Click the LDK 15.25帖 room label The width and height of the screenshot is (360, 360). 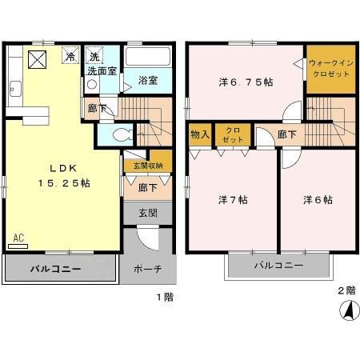(x=59, y=176)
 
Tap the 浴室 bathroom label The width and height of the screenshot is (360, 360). (x=146, y=81)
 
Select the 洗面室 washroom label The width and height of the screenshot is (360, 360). (x=102, y=70)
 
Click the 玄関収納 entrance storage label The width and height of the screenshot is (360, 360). (x=148, y=166)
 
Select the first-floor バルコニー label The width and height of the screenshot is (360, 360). (x=54, y=269)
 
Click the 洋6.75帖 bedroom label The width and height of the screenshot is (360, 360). (x=246, y=82)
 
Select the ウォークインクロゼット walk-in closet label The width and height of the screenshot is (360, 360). (x=329, y=68)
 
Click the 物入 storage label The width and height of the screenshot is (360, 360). (x=199, y=135)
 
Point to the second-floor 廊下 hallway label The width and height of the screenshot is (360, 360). (x=286, y=134)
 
